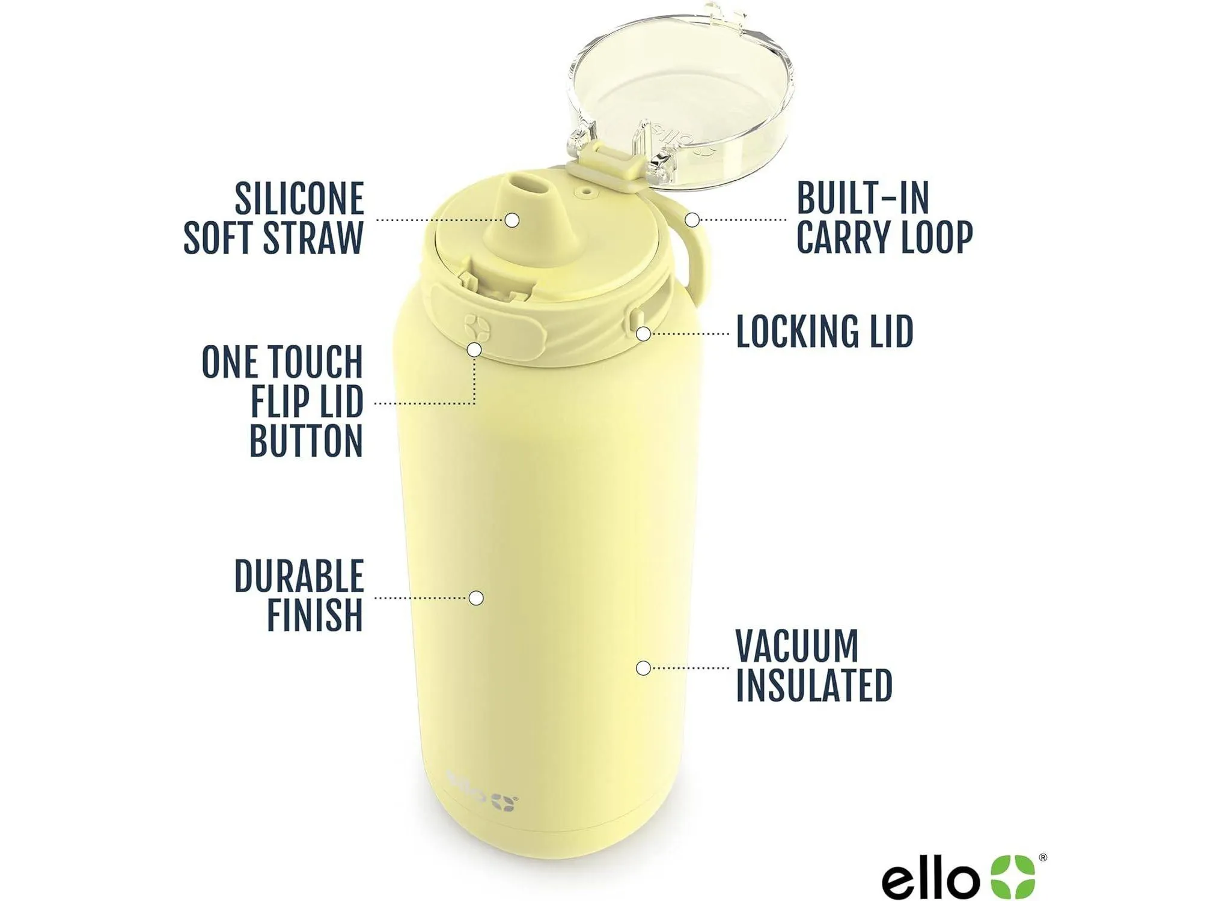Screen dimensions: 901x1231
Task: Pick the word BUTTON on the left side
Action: tap(306, 441)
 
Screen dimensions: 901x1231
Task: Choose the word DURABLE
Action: tap(299, 577)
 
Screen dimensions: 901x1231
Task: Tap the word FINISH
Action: tap(314, 615)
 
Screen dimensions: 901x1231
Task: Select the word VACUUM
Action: tap(797, 646)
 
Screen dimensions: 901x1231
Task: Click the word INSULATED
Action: tap(814, 685)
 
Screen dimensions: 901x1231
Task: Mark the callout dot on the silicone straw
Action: tap(512, 220)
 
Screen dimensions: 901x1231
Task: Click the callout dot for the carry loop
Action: tap(692, 220)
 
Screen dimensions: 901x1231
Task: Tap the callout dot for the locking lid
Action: tap(644, 333)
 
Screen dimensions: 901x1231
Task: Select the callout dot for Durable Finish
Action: tap(476, 598)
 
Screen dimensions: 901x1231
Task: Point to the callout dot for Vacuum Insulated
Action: tap(643, 667)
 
